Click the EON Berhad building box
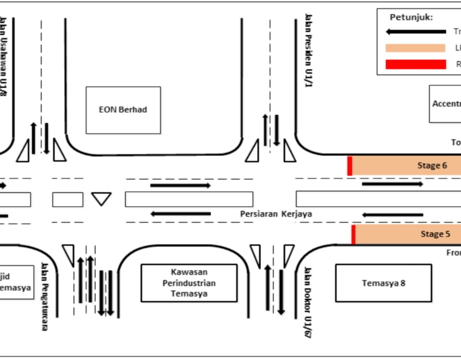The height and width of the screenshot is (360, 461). pyautogui.click(x=123, y=110)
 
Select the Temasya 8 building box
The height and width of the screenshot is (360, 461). pyautogui.click(x=383, y=283)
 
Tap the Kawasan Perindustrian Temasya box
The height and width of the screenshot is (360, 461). pyautogui.click(x=189, y=283)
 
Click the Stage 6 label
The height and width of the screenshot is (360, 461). pyautogui.click(x=432, y=166)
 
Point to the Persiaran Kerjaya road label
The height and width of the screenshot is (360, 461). pyautogui.click(x=276, y=214)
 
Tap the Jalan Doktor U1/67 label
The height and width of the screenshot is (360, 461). pyautogui.click(x=308, y=302)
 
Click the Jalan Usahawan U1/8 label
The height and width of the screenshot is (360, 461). pyautogui.click(x=3, y=58)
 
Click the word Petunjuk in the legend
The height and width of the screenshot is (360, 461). pyautogui.click(x=411, y=17)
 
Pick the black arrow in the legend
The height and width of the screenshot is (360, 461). pyautogui.click(x=416, y=32)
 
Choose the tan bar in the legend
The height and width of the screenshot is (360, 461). pyautogui.click(x=416, y=48)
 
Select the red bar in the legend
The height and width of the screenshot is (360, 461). pyautogui.click(x=416, y=64)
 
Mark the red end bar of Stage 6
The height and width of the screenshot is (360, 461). pyautogui.click(x=350, y=166)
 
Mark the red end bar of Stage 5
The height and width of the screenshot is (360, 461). pyautogui.click(x=353, y=235)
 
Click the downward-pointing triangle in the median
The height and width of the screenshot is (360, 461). pyautogui.click(x=101, y=198)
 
